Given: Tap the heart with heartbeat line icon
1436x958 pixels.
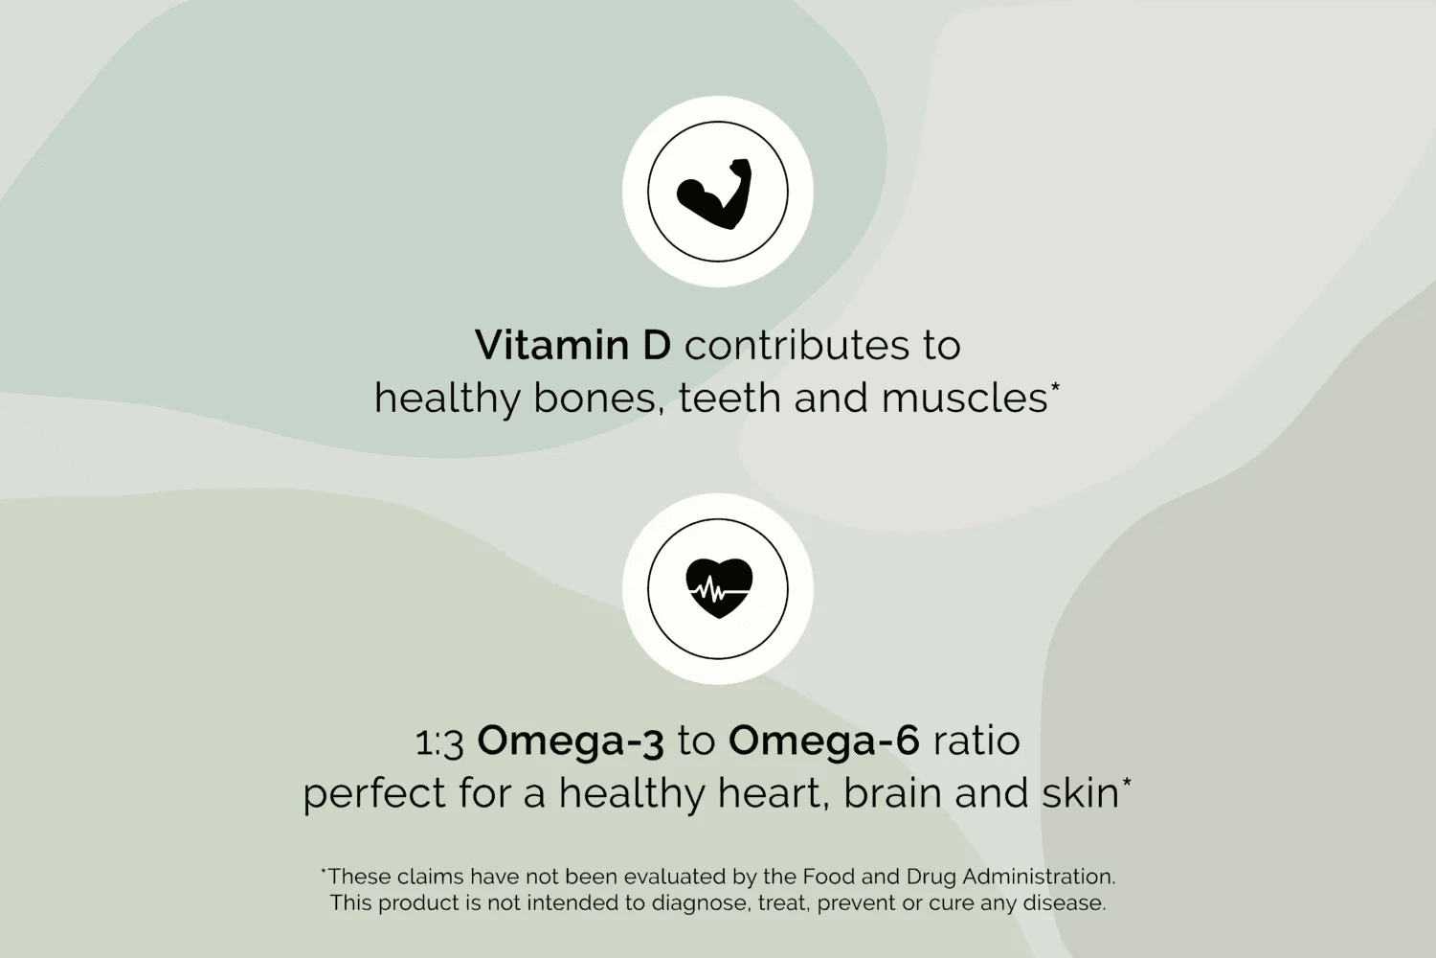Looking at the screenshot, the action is (719, 588).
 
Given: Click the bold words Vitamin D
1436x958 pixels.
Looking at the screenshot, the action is (572, 345).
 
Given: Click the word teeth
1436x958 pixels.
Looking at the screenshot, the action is (729, 399).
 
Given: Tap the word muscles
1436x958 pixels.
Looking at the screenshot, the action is (965, 399).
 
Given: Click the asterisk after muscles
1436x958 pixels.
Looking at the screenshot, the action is (1055, 387).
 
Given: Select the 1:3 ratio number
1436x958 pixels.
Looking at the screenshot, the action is (439, 743).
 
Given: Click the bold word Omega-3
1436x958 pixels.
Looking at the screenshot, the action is (571, 742).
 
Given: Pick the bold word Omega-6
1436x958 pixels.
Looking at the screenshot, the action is (823, 741).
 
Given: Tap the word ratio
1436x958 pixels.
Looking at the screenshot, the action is (976, 741).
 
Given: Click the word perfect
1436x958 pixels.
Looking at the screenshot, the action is (373, 794).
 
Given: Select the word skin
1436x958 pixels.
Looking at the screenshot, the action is (1080, 793).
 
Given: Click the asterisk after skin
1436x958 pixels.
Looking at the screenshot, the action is (1127, 782).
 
